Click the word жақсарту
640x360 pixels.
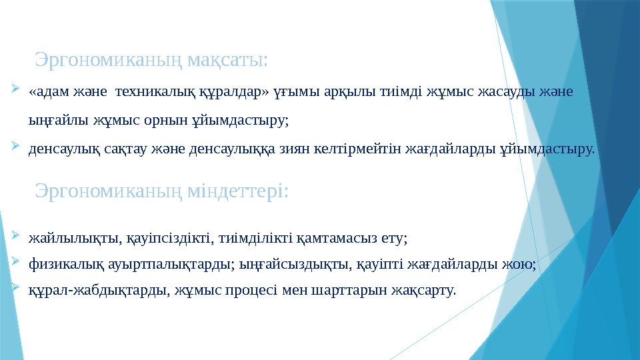click(427, 291)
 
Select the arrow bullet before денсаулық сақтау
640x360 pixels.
click(16, 147)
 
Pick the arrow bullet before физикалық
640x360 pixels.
click(16, 263)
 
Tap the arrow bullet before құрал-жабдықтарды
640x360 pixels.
click(16, 289)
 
